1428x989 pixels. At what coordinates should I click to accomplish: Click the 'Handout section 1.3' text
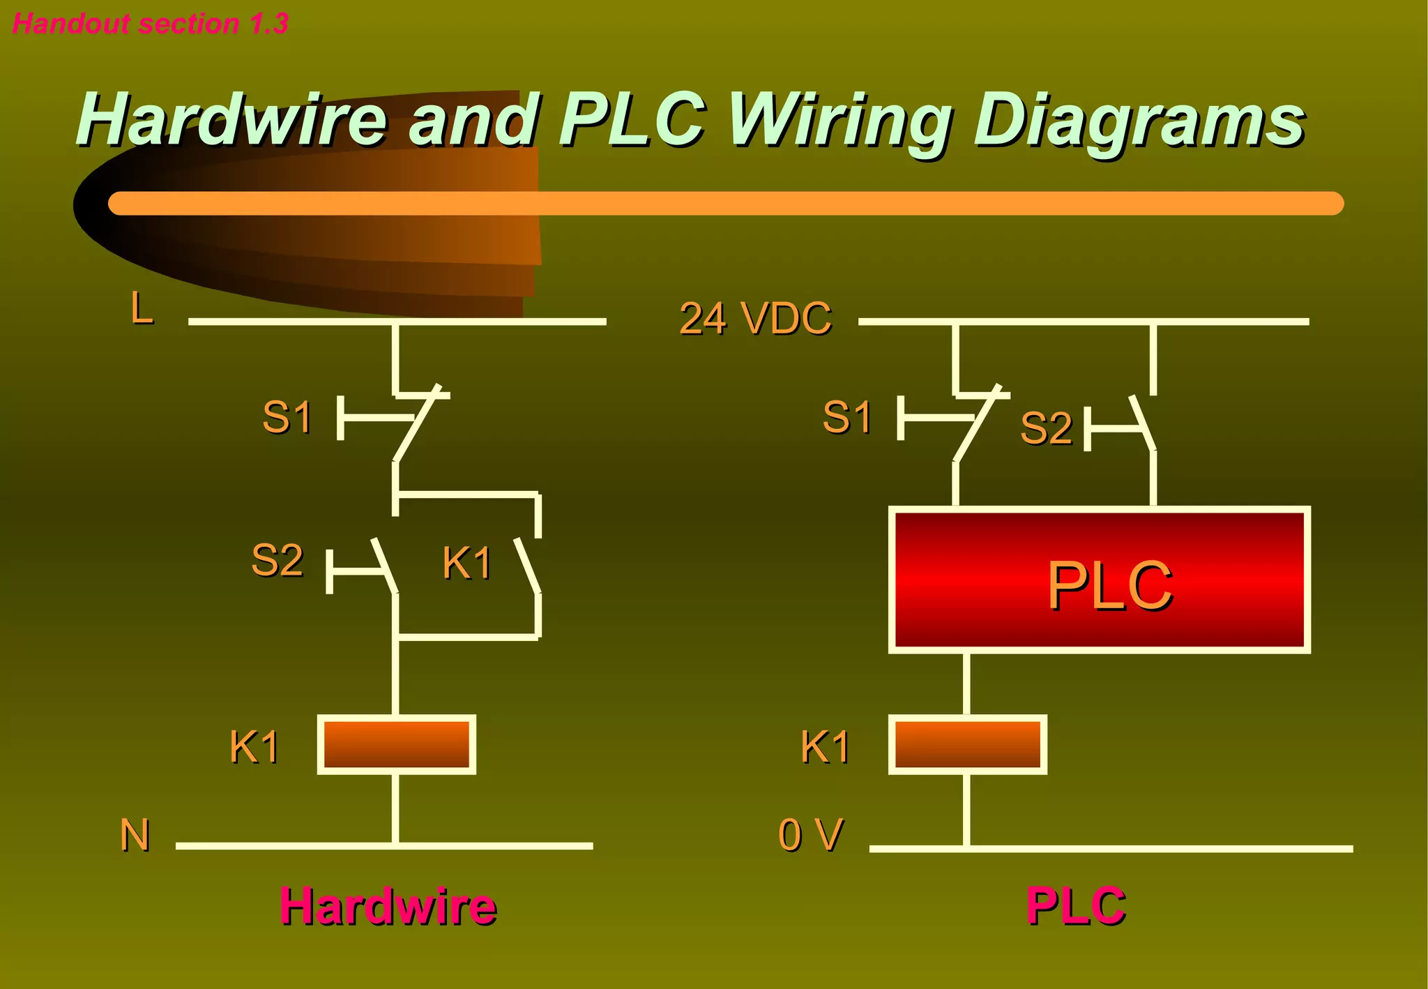[150, 24]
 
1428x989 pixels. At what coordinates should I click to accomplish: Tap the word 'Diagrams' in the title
[1138, 121]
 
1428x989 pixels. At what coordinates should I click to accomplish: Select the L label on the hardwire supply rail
[142, 308]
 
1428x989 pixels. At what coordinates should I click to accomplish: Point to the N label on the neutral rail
[135, 835]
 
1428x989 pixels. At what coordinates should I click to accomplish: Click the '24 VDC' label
[755, 319]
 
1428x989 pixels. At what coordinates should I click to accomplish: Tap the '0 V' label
[810, 835]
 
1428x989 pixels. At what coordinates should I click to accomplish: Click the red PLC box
[1099, 580]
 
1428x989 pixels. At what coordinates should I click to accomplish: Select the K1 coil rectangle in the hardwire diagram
[396, 745]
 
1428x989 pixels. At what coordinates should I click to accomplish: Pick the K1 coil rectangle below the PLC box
[967, 745]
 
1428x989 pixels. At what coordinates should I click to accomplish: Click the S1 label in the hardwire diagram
[287, 417]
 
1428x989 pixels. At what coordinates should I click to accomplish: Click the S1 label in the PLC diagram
[846, 417]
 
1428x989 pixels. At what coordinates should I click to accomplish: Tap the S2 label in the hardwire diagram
[277, 560]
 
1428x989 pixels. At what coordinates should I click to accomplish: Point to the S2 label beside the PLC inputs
[1045, 428]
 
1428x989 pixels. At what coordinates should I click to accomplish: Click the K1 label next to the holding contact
[466, 563]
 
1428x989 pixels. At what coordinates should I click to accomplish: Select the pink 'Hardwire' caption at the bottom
[388, 906]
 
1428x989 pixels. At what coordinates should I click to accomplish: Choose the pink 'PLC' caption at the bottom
[1075, 906]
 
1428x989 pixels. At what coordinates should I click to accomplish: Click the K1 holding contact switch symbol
[529, 566]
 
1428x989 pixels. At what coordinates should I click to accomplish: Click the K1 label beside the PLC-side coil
[825, 747]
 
